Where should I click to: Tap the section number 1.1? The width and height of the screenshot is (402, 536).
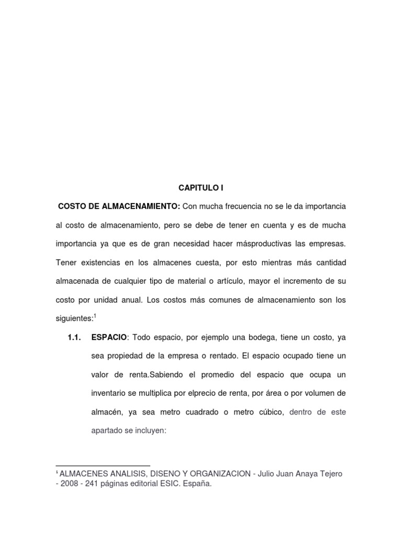pos(74,338)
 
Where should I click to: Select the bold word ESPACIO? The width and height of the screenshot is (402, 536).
pos(109,338)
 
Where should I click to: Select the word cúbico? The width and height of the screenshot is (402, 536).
pos(270,412)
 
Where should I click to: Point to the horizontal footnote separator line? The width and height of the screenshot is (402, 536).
pos(103,465)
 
